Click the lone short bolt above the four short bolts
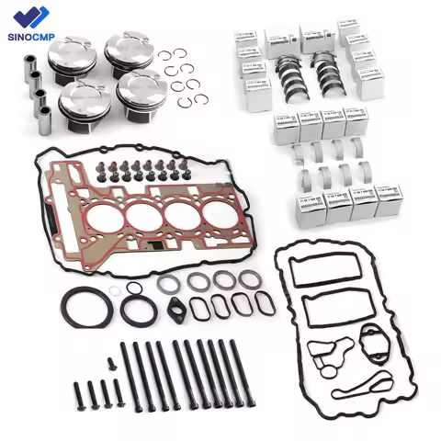[x=111, y=364]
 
